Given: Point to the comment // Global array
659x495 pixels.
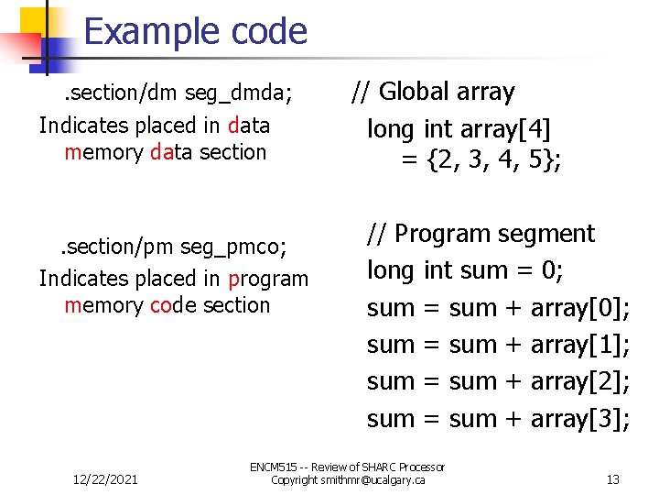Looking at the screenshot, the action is [433, 92].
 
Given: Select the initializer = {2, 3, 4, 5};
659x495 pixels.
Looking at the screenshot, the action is [481, 160].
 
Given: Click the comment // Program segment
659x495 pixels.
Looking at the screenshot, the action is [481, 234].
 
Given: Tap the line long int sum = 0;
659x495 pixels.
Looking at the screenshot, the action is [465, 270].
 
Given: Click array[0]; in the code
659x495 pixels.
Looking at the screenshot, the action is [579, 308].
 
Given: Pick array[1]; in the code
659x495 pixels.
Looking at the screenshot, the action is [579, 345].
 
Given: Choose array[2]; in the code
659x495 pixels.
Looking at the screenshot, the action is [579, 381].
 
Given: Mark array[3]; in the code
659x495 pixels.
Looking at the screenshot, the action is [579, 419].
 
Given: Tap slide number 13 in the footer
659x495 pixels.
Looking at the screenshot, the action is [613, 479].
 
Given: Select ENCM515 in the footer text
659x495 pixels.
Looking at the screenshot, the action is [274, 467].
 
